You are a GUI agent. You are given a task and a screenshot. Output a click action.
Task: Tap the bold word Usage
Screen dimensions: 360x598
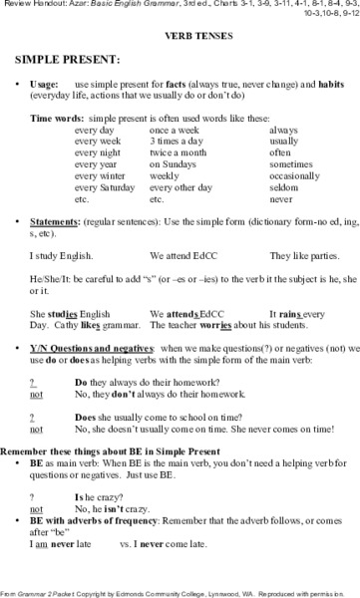point(50,84)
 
